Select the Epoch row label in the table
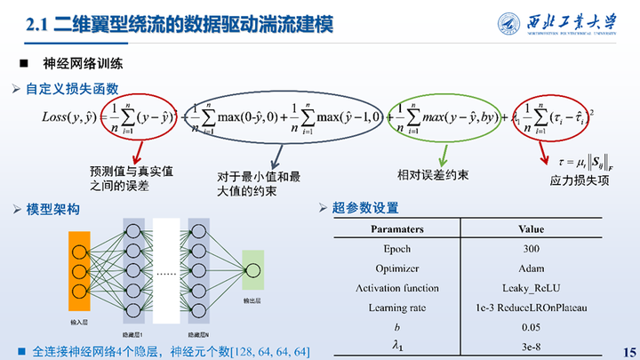(x=396, y=249)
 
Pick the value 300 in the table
(x=531, y=249)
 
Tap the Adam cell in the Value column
(x=531, y=268)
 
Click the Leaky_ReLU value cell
(x=531, y=288)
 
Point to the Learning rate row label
(x=396, y=308)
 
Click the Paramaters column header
(x=396, y=229)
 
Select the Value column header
(x=531, y=229)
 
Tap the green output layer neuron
(x=253, y=269)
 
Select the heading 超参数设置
(x=364, y=209)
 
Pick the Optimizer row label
(x=396, y=268)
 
